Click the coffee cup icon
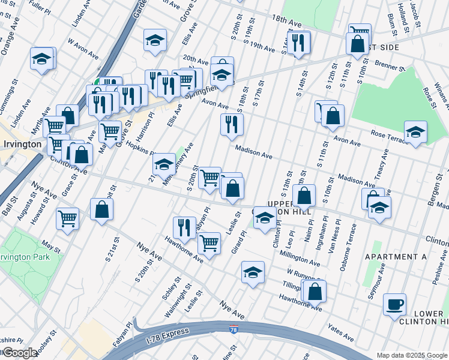pyautogui.click(x=394, y=304)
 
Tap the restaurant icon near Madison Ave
pyautogui.click(x=232, y=125)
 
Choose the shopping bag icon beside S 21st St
pyautogui.click(x=102, y=209)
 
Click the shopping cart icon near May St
pyautogui.click(x=67, y=218)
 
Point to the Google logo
pyautogui.click(x=20, y=353)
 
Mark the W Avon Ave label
pyautogui.click(x=83, y=50)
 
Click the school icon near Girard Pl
pyautogui.click(x=253, y=273)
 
